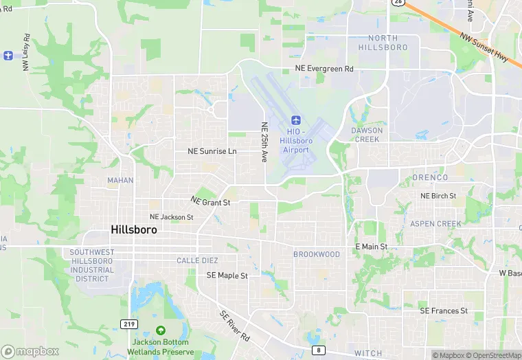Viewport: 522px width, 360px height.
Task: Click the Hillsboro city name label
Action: coord(133,230)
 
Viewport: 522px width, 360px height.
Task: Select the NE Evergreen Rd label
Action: coord(324,69)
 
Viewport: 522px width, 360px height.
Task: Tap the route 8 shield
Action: coord(318,350)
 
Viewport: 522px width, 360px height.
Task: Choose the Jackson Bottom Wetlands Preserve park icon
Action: coord(160,330)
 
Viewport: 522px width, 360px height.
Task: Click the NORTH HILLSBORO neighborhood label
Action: coord(383,43)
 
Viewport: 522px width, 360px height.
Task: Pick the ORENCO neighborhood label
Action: coord(430,177)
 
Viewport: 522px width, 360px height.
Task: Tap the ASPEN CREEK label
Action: coord(435,224)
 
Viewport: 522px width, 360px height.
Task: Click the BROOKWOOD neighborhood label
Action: coord(317,254)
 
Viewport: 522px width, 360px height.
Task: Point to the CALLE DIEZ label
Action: coord(197,260)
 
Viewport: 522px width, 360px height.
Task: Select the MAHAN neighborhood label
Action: coord(120,181)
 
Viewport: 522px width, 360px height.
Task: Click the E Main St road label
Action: coord(371,246)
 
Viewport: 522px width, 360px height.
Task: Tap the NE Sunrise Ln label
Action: coord(212,151)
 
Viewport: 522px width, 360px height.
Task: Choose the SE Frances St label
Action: coord(444,311)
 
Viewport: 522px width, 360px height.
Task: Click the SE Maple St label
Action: coord(227,275)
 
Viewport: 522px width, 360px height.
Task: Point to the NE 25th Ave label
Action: coord(264,142)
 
